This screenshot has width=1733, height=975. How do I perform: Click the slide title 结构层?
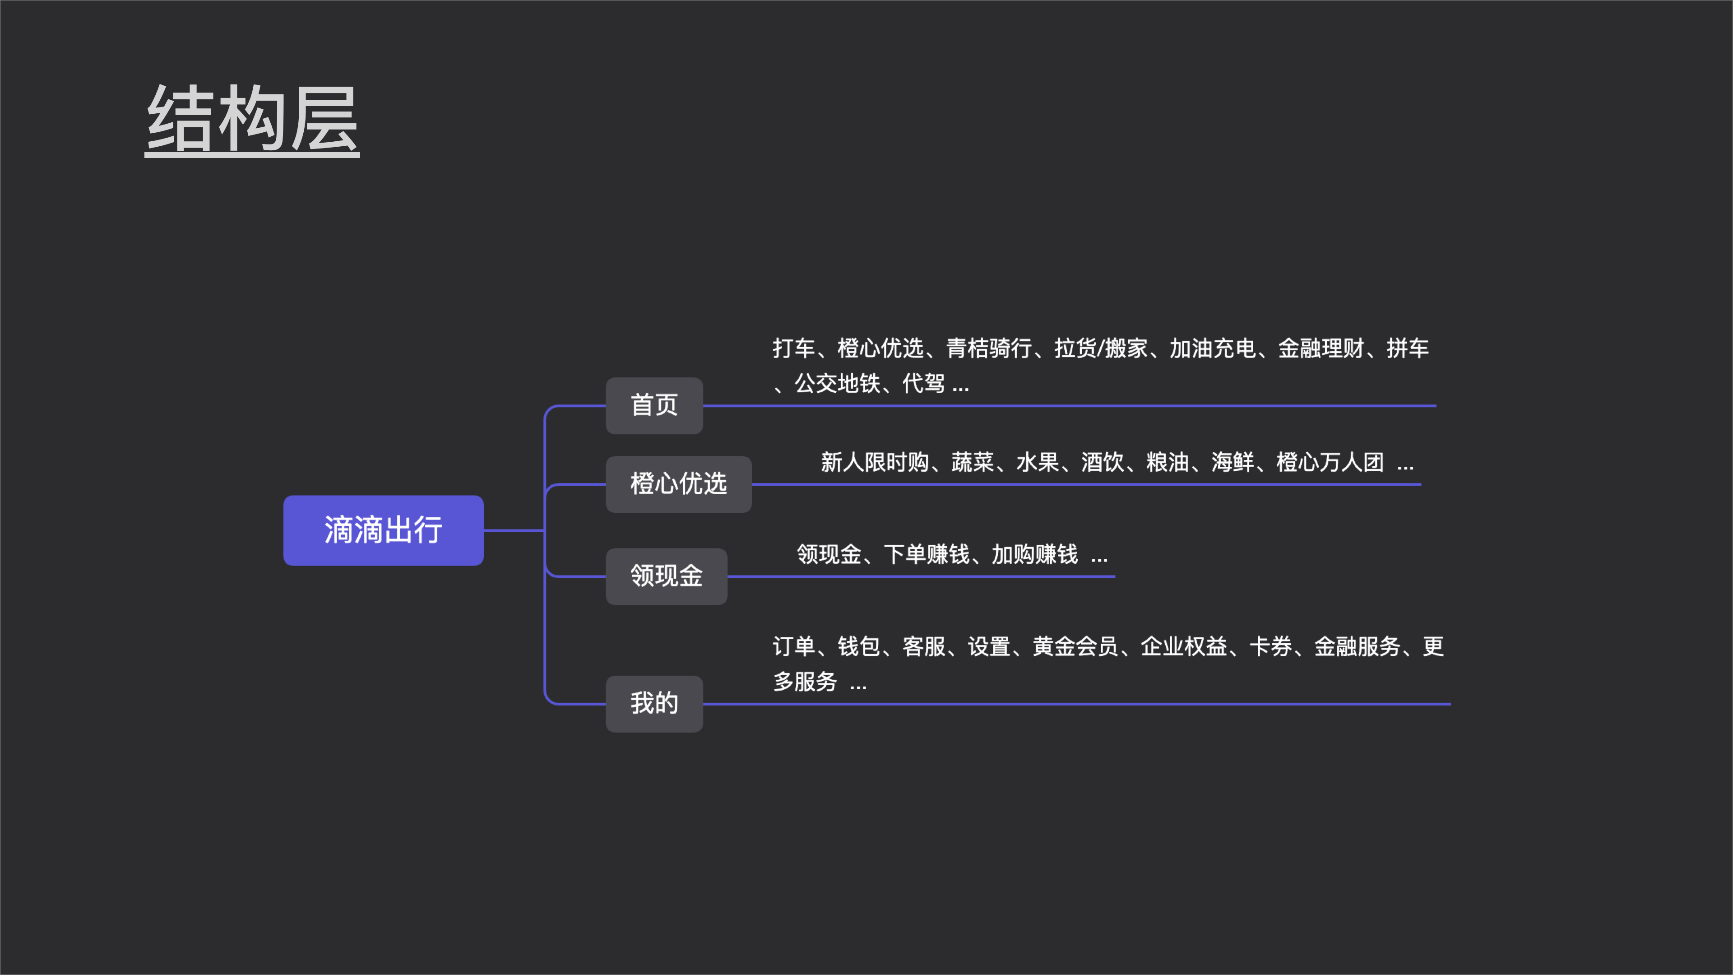pos(252,119)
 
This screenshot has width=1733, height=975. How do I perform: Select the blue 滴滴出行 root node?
pos(383,530)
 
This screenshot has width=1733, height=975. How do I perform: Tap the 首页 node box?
pos(654,405)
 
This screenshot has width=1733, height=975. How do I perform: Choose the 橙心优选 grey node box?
pos(678,484)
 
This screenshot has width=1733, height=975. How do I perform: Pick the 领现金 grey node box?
pos(666,576)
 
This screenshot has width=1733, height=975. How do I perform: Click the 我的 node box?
pos(654,703)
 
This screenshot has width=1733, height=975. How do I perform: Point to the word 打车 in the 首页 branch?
pos(794,348)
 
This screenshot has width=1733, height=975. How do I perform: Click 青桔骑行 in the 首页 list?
pos(989,348)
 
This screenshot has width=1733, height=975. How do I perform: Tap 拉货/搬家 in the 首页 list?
pos(1101,348)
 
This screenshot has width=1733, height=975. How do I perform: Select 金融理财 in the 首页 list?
pos(1321,348)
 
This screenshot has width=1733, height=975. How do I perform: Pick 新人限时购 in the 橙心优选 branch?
pos(875,462)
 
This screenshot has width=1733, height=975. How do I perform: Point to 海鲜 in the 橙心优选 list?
pos(1233,462)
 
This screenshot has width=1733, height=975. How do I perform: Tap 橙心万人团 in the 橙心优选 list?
pos(1330,462)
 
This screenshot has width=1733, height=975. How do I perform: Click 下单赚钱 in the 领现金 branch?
pos(927,554)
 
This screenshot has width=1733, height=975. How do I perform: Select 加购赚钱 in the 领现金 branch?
pos(1035,554)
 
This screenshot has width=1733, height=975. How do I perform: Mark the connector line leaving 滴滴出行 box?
pos(513,530)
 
